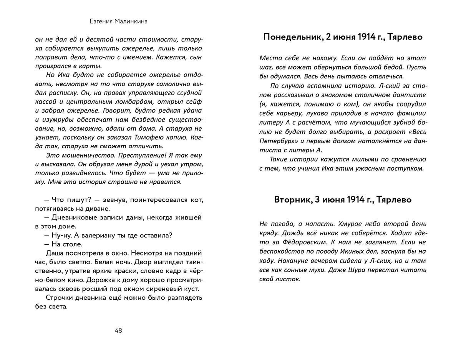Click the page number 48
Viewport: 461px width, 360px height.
pyautogui.click(x=118, y=330)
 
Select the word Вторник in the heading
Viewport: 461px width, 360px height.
pyautogui.click(x=293, y=200)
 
